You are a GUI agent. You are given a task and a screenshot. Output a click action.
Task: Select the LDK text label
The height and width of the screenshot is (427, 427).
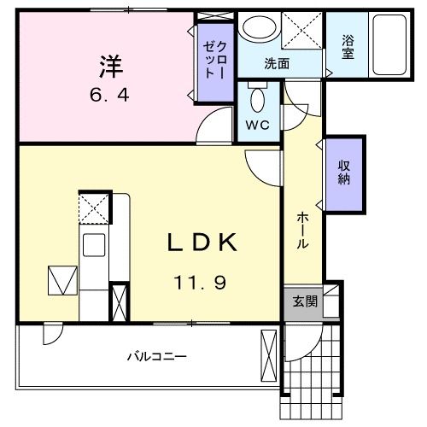point(202,244)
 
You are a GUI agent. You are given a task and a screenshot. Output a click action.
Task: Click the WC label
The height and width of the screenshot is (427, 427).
point(257,126)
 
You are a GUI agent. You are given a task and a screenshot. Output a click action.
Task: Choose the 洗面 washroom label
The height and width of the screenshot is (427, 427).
point(276,63)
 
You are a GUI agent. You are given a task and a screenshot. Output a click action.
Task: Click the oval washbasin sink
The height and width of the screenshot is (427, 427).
point(256,29)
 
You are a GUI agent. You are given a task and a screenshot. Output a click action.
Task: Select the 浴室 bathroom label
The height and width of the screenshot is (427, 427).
point(348,46)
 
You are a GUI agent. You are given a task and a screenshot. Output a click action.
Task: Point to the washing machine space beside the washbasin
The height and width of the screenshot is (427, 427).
point(301,32)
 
